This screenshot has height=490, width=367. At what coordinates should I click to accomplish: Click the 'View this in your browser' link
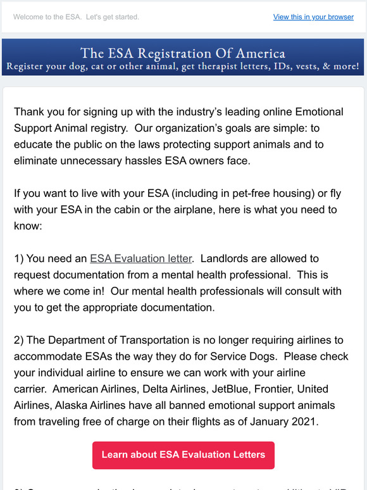tap(313, 17)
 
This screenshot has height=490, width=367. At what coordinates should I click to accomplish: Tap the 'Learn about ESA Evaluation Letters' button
tap(183, 455)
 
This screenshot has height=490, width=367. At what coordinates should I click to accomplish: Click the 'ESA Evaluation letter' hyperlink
tap(140, 258)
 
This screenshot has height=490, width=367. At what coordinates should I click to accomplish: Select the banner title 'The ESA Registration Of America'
tap(183, 53)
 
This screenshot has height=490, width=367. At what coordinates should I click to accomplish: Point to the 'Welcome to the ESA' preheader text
tap(76, 17)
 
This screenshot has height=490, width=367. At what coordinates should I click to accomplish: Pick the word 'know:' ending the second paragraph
tap(27, 225)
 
